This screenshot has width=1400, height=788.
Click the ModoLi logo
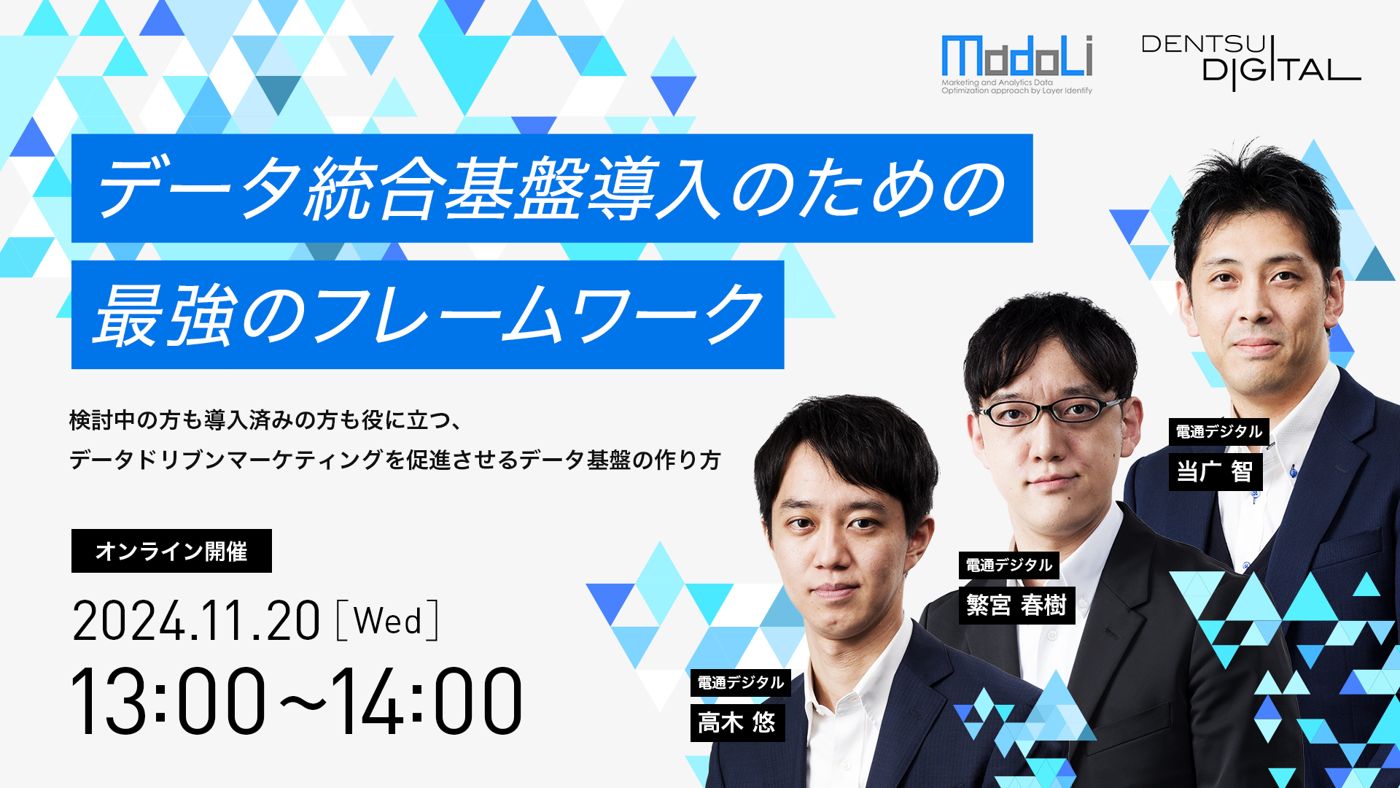1016,64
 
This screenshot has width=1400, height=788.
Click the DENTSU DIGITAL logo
1251,63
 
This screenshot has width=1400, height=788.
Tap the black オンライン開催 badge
171,551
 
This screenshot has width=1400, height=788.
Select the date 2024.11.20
196,621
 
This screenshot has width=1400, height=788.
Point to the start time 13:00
168,700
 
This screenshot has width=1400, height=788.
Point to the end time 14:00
427,700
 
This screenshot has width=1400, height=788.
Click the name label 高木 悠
737,722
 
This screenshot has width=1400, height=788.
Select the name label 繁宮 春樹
1016,605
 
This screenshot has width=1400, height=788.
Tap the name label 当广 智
1215,471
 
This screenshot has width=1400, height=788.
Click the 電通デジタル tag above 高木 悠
740,682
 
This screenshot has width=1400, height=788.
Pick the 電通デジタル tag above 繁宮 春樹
1008,565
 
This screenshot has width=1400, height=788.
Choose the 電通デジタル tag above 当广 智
1218,431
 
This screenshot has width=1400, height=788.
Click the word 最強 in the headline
166,315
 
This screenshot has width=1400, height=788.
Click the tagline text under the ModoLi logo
1016,87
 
